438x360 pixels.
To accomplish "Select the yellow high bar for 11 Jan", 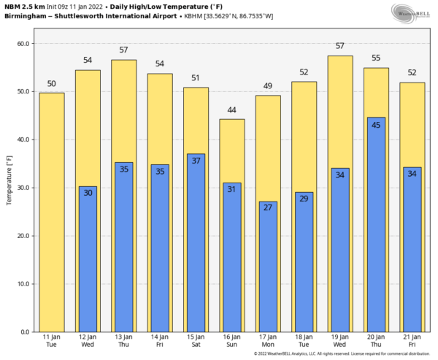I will [x=51, y=212].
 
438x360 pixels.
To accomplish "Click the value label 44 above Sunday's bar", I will [x=231, y=110].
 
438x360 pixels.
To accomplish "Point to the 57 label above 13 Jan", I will [x=123, y=50].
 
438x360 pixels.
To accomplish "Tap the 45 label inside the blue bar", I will [x=376, y=125].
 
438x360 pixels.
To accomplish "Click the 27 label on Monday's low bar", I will [x=267, y=208].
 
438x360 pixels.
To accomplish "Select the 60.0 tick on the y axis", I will [x=23, y=44].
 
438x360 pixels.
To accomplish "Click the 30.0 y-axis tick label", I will [x=23, y=188].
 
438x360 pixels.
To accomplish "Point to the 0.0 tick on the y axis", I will [x=25, y=332].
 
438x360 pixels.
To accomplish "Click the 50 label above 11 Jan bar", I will [x=51, y=84].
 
